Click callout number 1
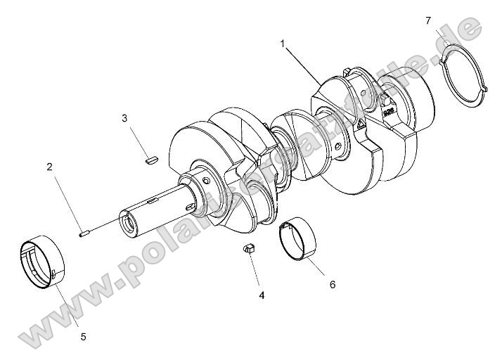[x=283, y=44]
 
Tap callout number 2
[x=49, y=167]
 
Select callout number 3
[x=124, y=118]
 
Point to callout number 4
[x=262, y=295]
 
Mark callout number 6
[x=333, y=284]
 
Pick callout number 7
[x=428, y=20]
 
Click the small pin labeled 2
[x=84, y=233]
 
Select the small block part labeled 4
[x=249, y=247]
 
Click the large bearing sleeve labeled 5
[x=43, y=264]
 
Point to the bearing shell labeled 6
[x=298, y=239]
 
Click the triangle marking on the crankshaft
[x=360, y=124]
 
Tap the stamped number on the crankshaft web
[x=387, y=110]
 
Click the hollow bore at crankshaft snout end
[x=129, y=226]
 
